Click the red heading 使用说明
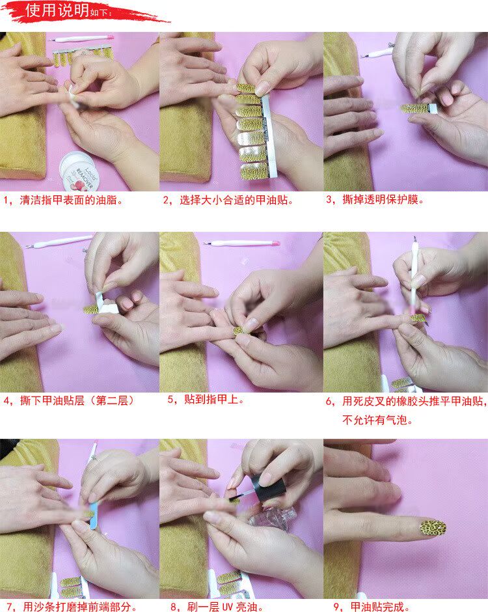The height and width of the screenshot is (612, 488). (x=58, y=10)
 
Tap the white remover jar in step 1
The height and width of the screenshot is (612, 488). (x=80, y=172)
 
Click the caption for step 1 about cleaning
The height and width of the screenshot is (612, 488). (x=64, y=201)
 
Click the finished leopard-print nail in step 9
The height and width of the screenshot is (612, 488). (x=433, y=528)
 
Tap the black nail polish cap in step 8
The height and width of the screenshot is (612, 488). (x=268, y=487)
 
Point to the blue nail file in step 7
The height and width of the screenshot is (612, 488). (x=94, y=515)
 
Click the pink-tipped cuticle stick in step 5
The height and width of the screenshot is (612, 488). (x=241, y=243)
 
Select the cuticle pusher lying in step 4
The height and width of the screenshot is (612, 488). (x=59, y=240)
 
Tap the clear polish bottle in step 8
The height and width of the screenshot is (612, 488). (x=270, y=517)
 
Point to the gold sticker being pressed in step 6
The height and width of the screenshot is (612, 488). (x=419, y=318)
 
